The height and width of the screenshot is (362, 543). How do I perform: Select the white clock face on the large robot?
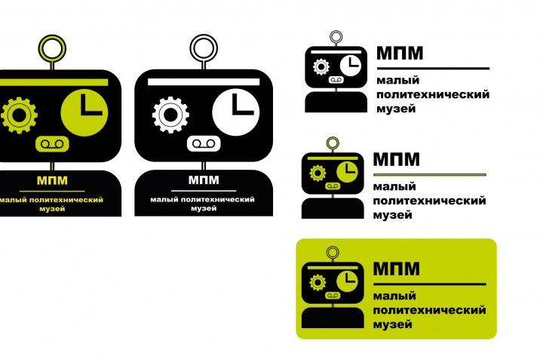tap(235, 112)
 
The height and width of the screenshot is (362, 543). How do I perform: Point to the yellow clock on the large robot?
tap(84, 112)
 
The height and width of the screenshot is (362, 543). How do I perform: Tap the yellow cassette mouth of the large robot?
tap(52, 144)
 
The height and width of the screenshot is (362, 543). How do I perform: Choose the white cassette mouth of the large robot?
tap(204, 143)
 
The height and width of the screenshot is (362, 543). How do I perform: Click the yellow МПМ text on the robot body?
tap(52, 180)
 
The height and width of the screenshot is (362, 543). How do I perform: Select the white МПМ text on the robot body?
tap(204, 180)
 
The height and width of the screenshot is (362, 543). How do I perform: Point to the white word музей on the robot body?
tap(204, 209)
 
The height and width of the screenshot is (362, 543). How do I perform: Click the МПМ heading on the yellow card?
tap(396, 268)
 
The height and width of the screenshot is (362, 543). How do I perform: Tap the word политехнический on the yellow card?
tap(429, 310)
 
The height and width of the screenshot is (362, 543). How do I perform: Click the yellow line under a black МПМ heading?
tap(430, 175)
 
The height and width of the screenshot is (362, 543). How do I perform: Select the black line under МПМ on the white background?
tap(433, 69)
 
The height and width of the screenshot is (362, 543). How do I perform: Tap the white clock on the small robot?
tap(351, 66)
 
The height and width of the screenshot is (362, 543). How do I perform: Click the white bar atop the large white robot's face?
tap(204, 81)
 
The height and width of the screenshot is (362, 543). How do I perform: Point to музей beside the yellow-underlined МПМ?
tap(392, 215)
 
